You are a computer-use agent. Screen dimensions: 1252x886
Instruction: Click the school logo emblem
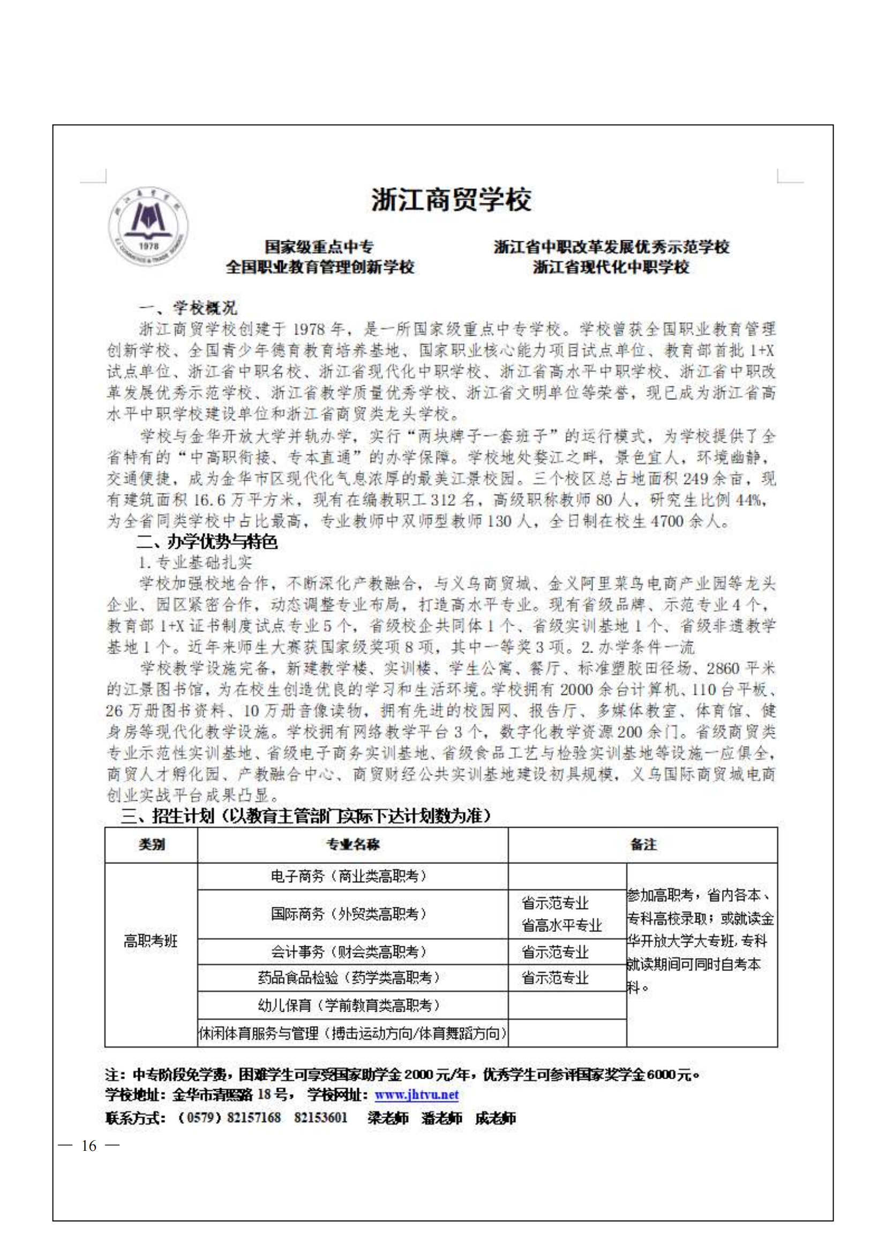(148, 227)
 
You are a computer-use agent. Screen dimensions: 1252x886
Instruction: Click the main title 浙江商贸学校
(451, 200)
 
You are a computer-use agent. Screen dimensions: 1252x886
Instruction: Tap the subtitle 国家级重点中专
(319, 247)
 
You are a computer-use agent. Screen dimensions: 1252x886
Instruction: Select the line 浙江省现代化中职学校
(611, 267)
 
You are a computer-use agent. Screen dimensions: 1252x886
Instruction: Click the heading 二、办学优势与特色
(207, 542)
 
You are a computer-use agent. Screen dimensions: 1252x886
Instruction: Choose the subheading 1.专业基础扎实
(196, 562)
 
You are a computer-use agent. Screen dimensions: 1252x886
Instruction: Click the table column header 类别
(151, 845)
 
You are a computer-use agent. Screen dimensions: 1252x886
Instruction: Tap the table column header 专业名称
(352, 845)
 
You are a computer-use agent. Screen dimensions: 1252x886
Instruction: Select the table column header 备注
(643, 845)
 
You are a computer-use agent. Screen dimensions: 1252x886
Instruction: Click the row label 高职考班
(151, 940)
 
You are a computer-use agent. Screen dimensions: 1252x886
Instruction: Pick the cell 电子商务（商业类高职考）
(349, 876)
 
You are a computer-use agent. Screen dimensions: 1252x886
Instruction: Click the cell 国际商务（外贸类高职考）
(349, 914)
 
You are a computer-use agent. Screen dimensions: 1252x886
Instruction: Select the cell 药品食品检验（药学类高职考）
(349, 977)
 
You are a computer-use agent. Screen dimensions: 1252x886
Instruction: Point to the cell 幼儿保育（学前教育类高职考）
(349, 1005)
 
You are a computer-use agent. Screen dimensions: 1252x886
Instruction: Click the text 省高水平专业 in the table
(561, 925)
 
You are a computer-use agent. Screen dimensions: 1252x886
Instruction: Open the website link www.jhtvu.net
(416, 1095)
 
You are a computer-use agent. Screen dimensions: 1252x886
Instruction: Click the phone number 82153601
(321, 1117)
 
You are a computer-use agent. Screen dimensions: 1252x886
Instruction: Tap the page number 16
(89, 1145)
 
